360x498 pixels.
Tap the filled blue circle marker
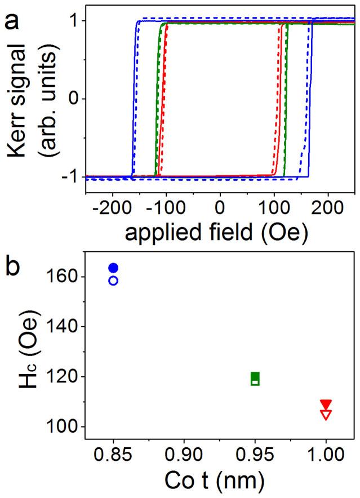113,268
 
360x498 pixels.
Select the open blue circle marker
113,280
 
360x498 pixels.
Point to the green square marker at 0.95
255,379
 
